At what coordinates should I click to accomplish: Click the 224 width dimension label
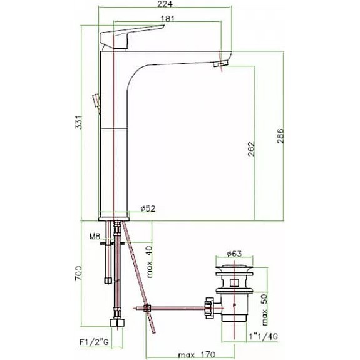(x=165, y=4)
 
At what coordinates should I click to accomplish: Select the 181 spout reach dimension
(x=167, y=18)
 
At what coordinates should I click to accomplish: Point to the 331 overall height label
(x=78, y=122)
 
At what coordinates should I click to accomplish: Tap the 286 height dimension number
(x=280, y=136)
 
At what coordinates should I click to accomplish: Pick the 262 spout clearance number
(x=252, y=149)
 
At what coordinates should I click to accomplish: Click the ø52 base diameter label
(x=148, y=208)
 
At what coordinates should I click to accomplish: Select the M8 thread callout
(x=95, y=236)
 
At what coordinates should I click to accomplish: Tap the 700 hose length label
(x=78, y=273)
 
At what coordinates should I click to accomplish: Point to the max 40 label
(x=149, y=262)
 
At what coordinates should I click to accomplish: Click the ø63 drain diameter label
(x=234, y=254)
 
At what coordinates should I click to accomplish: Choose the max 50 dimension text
(x=264, y=309)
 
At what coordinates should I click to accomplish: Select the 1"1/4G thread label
(x=264, y=337)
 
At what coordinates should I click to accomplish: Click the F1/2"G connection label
(x=94, y=342)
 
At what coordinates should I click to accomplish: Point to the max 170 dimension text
(x=197, y=355)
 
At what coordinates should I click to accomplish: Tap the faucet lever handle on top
(x=131, y=36)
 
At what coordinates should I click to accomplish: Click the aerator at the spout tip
(x=221, y=63)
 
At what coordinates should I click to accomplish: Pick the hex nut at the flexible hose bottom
(x=117, y=322)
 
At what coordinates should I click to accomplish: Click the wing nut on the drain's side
(x=209, y=308)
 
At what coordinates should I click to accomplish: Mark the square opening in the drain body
(x=234, y=283)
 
